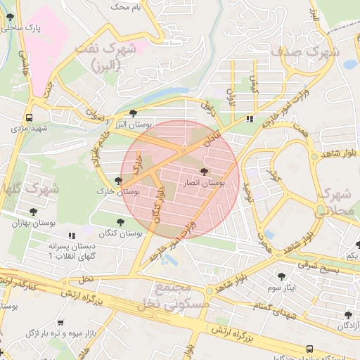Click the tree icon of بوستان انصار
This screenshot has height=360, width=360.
pyautogui.click(x=204, y=171)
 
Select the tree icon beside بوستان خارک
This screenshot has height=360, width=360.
pyautogui.click(x=117, y=180)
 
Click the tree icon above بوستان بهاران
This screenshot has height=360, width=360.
pyautogui.click(x=33, y=212)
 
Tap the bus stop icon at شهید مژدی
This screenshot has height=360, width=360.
pyautogui.click(x=29, y=118)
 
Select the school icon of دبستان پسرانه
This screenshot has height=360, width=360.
pyautogui.click(x=70, y=236)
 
